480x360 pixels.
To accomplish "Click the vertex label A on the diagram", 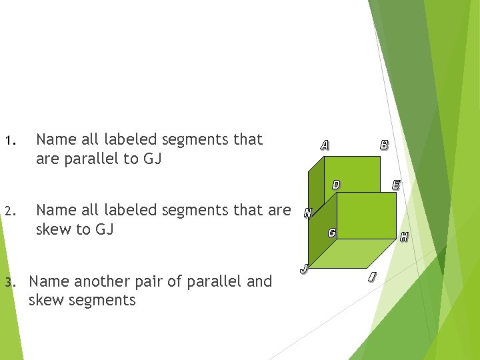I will [324, 145].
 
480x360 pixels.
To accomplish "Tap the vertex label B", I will [384, 144].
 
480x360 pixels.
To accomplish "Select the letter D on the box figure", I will [336, 185].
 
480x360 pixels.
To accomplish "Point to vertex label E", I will [396, 185].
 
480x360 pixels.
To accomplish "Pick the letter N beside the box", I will [307, 213].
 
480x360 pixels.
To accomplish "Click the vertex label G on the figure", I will [331, 233].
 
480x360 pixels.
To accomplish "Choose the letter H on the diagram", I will [403, 236].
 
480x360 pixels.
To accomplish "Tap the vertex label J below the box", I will [303, 269].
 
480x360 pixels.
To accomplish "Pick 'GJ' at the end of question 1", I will [153, 159].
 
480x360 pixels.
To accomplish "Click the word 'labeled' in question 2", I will [129, 210].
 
